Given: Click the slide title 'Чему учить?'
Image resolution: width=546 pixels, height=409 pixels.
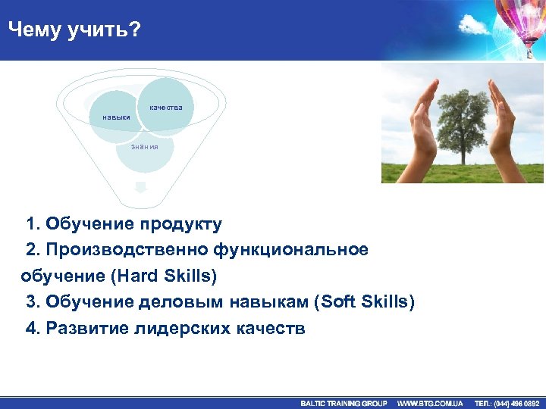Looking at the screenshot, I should click(x=74, y=30).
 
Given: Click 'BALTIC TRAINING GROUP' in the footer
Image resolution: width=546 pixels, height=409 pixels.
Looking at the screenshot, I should click(x=344, y=403).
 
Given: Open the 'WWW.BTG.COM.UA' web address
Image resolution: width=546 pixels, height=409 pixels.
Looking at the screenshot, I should click(x=430, y=403).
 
